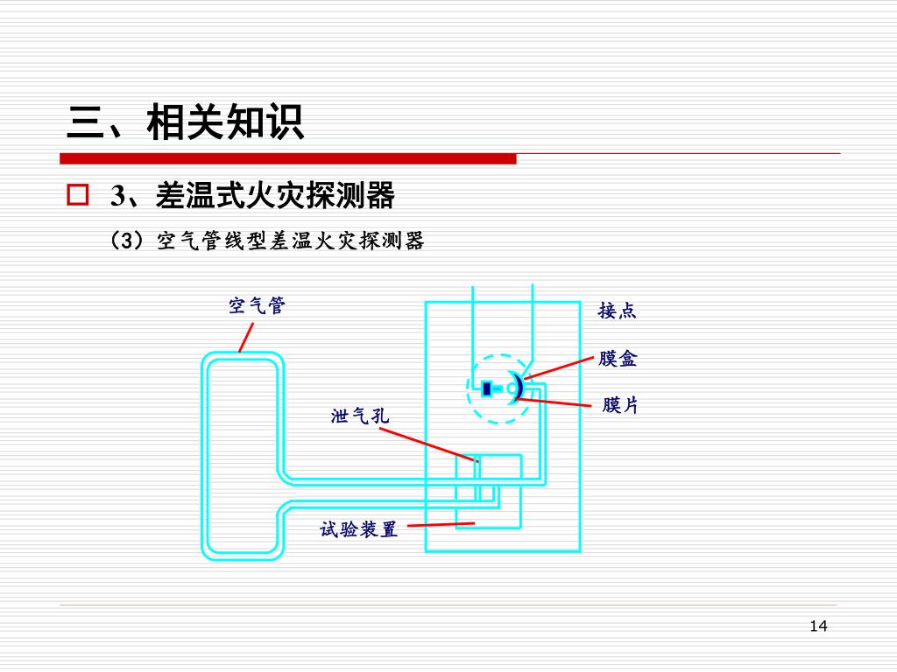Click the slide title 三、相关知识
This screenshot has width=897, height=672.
coord(185,122)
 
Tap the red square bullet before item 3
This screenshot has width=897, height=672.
coord(78,194)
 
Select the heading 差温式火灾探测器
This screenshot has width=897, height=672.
coord(275,196)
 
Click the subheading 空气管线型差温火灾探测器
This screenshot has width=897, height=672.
coord(290,241)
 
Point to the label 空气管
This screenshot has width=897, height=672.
coord(257,305)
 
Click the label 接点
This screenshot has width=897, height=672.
coord(617,311)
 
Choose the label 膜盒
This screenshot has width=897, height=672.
coord(618,359)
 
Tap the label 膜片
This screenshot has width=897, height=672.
coord(619,405)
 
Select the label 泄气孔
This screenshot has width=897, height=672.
coord(360,416)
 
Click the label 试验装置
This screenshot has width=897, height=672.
coord(359,528)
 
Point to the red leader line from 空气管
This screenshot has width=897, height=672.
coord(246,337)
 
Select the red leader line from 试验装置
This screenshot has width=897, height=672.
coord(441,525)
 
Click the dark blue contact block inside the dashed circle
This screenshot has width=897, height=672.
coord(486,388)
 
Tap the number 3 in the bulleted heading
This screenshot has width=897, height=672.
coord(117,196)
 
